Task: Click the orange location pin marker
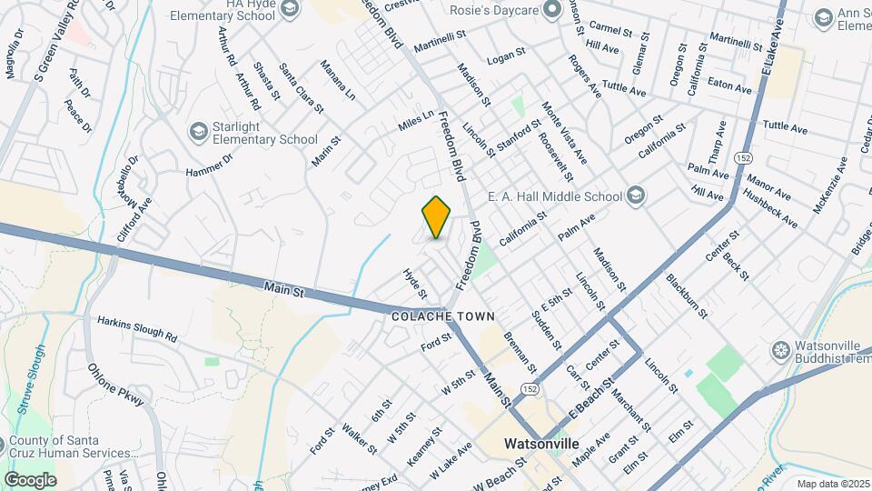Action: coord(437,217)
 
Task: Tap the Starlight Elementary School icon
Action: coord(197,133)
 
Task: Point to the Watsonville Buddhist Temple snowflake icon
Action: coord(779,350)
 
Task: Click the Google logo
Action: coord(30,479)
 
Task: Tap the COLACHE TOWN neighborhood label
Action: coord(443,316)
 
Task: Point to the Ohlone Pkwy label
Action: coord(115,385)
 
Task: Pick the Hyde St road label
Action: coord(414,284)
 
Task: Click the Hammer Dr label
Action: coord(209,164)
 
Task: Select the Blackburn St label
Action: coord(687,296)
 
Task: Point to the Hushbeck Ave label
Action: coord(769,208)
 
